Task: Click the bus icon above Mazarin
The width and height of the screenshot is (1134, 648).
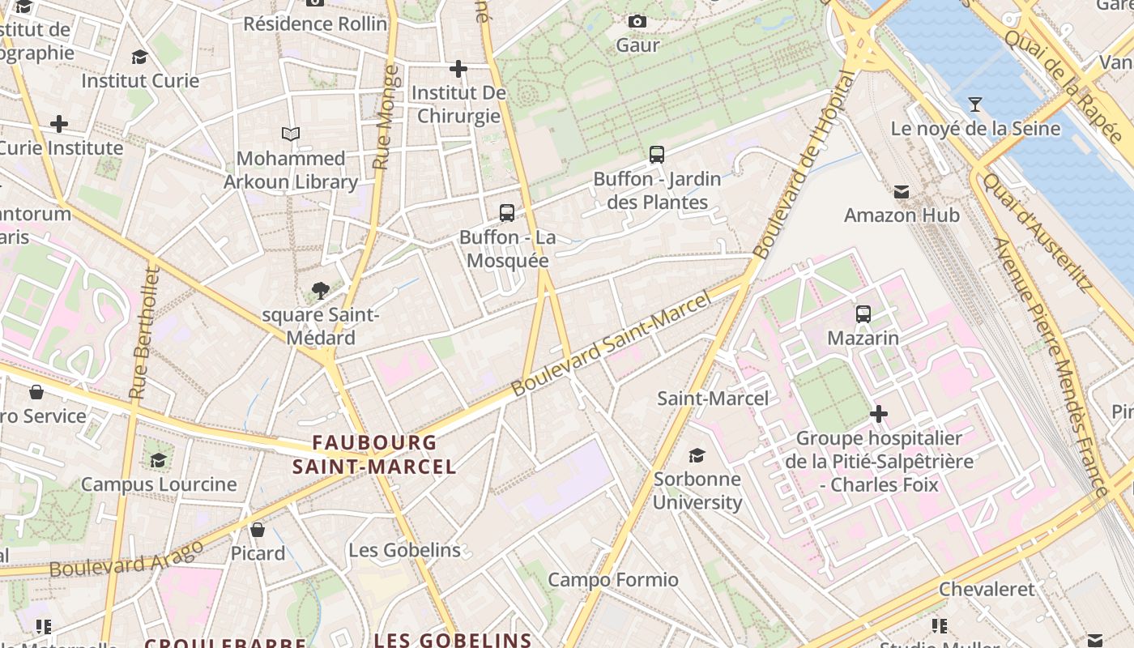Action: (863, 314)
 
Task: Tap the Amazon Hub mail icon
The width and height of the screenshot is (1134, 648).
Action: (902, 192)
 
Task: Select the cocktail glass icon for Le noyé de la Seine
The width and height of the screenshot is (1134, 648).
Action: (975, 104)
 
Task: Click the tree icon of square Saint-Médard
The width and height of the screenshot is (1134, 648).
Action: (321, 291)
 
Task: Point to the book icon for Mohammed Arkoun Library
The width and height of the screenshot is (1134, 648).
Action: (291, 134)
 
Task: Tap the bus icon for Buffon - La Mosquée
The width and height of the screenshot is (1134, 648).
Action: (507, 213)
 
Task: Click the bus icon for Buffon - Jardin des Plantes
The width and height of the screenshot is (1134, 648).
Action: (657, 155)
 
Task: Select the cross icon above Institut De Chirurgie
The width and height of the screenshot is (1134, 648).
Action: (458, 69)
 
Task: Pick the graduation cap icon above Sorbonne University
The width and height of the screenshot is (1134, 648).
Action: (697, 455)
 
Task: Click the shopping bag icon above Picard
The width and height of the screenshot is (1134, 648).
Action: (258, 530)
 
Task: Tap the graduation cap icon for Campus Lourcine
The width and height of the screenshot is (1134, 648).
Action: (159, 460)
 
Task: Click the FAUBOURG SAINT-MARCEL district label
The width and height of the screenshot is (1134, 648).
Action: (374, 454)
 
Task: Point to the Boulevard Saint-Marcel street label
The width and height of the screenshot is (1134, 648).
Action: (612, 343)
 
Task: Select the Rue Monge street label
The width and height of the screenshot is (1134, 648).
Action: (386, 117)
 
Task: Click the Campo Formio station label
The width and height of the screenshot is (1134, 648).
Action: (613, 580)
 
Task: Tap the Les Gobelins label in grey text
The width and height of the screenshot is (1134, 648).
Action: (404, 550)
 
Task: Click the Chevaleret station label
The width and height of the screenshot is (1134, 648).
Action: (987, 589)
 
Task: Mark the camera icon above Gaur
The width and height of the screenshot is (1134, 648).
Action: (637, 21)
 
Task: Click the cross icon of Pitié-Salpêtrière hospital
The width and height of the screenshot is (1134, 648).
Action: (879, 415)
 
